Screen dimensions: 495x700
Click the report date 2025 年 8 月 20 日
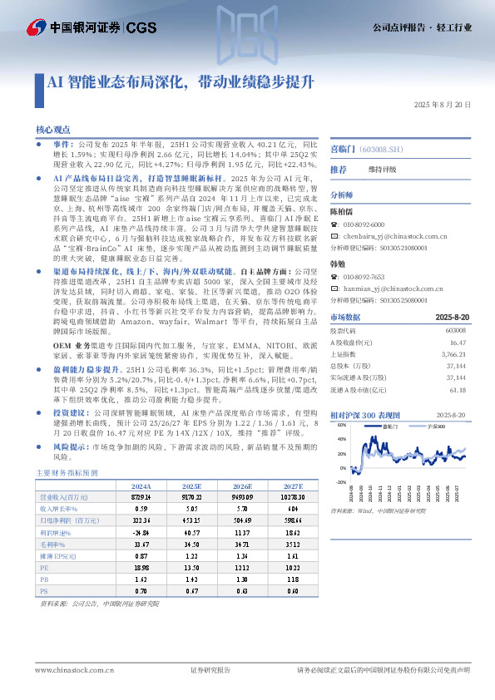(x=441, y=104)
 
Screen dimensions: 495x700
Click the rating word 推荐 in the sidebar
(x=339, y=170)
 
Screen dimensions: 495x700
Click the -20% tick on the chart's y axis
(x=339, y=481)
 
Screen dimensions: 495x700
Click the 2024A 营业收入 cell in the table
(x=141, y=496)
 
